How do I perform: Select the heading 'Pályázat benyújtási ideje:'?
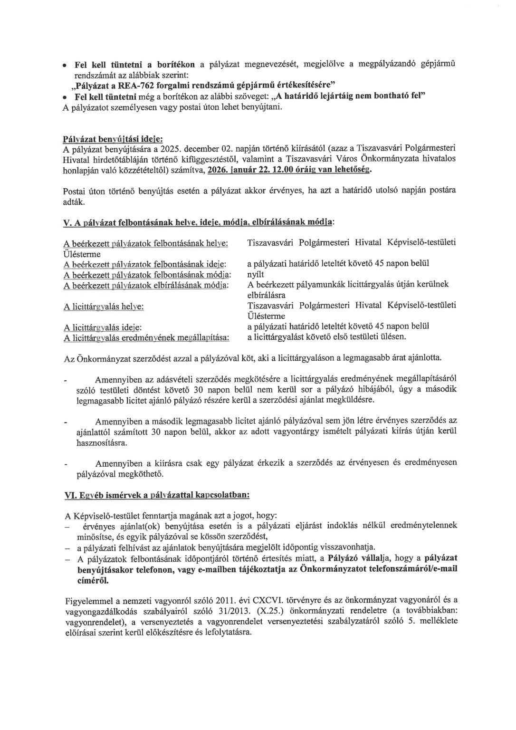(113, 139)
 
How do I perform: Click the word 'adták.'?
(74, 202)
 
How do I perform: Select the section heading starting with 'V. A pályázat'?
(199, 222)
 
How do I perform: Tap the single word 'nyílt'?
(255, 274)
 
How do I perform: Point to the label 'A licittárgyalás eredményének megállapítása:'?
(146, 337)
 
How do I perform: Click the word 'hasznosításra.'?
(95, 443)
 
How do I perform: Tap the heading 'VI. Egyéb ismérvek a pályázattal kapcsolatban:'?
(157, 495)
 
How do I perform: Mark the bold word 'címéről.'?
(93, 581)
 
